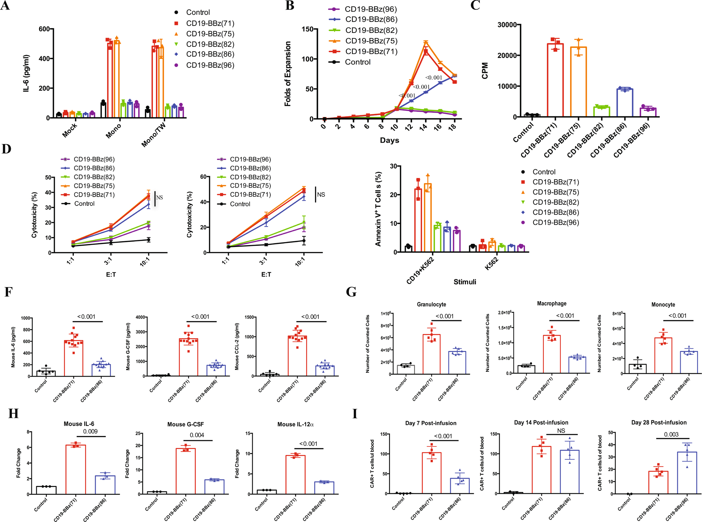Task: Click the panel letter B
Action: pyautogui.click(x=290, y=6)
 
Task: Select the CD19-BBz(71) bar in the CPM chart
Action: pyautogui.click(x=555, y=81)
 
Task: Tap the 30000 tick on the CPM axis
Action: pyautogui.click(x=507, y=25)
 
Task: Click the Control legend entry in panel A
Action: pyautogui.click(x=197, y=13)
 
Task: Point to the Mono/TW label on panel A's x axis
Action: pyautogui.click(x=153, y=135)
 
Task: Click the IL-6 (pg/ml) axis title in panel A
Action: pyautogui.click(x=26, y=73)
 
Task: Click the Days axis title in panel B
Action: pyautogui.click(x=389, y=140)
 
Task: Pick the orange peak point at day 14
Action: pyautogui.click(x=426, y=42)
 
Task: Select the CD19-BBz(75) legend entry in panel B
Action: pyautogui.click(x=371, y=41)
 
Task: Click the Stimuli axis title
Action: pyautogui.click(x=465, y=282)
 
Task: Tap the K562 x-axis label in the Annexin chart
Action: pyautogui.click(x=492, y=263)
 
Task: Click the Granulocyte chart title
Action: pyautogui.click(x=431, y=304)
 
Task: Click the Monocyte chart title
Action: pyautogui.click(x=663, y=304)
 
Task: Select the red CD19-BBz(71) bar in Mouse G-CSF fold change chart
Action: pyautogui.click(x=186, y=471)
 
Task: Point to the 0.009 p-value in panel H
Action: pyautogui.click(x=90, y=432)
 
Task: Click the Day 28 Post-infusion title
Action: pyautogui.click(x=659, y=423)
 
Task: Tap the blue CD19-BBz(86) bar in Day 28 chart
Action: pyautogui.click(x=687, y=473)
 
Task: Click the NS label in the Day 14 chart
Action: pyautogui.click(x=561, y=431)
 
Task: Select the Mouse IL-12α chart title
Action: pyautogui.click(x=295, y=424)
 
